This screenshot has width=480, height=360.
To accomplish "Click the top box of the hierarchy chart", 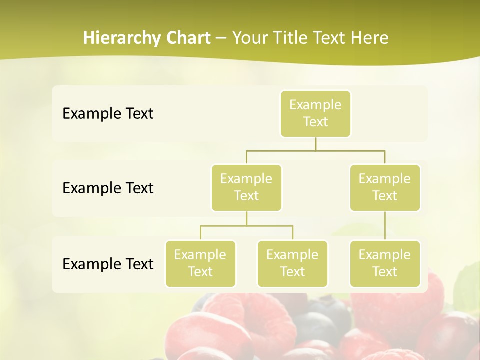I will coord(315,113).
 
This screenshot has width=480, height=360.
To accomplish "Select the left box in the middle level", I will coord(246,187).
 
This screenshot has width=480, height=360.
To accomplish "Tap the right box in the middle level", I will coord(385,187).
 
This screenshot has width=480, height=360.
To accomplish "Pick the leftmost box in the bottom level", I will coord(200,263).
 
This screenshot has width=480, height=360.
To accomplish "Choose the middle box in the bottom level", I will coord(292,263).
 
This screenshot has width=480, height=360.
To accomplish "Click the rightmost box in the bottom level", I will coord(385,263).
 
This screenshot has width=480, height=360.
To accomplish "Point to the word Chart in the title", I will coord(187,38).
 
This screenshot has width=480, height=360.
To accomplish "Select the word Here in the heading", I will coord(369,38).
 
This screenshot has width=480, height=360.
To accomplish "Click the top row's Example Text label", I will coord(108,113).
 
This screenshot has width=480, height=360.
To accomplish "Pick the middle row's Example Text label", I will coord(108,188).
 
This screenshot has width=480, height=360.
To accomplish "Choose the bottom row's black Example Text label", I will coord(108,264).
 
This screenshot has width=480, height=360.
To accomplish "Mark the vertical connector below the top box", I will coord(315,143).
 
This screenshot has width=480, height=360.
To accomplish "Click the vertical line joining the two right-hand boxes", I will coord(385,225).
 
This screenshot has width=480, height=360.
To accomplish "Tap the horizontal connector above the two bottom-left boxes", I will coord(246,226).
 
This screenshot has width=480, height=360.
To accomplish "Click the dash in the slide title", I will coord(221,38).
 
